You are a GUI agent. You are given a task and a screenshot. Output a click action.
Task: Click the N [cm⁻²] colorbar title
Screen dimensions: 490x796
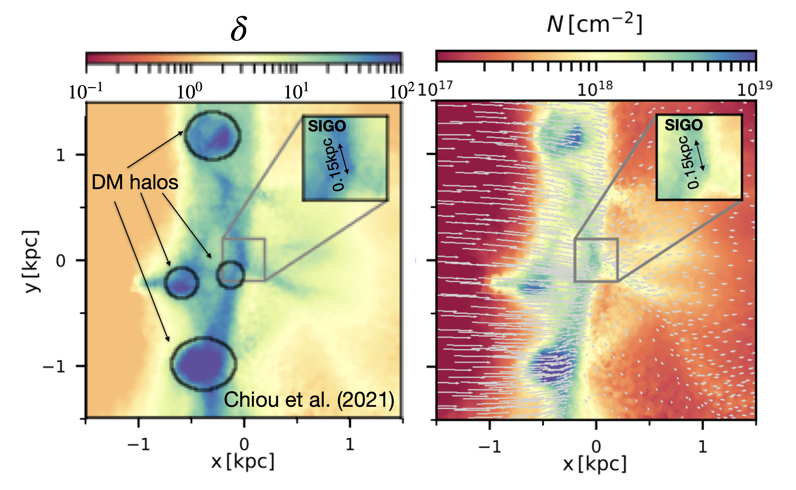(595, 24)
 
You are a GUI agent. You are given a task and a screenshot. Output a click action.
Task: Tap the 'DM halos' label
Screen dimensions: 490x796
(135, 182)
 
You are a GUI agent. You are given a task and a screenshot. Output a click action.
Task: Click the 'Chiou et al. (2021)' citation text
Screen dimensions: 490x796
(309, 399)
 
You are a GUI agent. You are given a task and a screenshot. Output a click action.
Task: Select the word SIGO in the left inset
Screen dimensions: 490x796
(327, 126)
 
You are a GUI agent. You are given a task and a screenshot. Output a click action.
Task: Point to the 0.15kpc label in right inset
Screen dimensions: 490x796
(689, 163)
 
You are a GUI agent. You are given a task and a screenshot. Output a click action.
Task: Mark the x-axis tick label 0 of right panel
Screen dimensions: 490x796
(596, 446)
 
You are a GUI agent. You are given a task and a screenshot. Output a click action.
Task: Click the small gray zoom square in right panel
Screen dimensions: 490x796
(596, 260)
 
